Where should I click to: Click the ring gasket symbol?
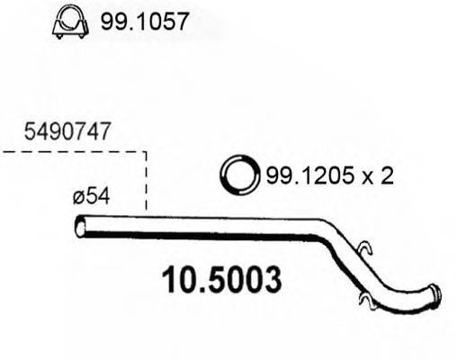click(x=239, y=175)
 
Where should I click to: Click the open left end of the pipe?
click(x=80, y=227)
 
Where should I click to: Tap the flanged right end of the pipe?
click(x=435, y=296)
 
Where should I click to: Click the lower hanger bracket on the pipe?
click(x=363, y=297)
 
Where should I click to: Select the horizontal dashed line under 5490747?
click(x=72, y=152)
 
